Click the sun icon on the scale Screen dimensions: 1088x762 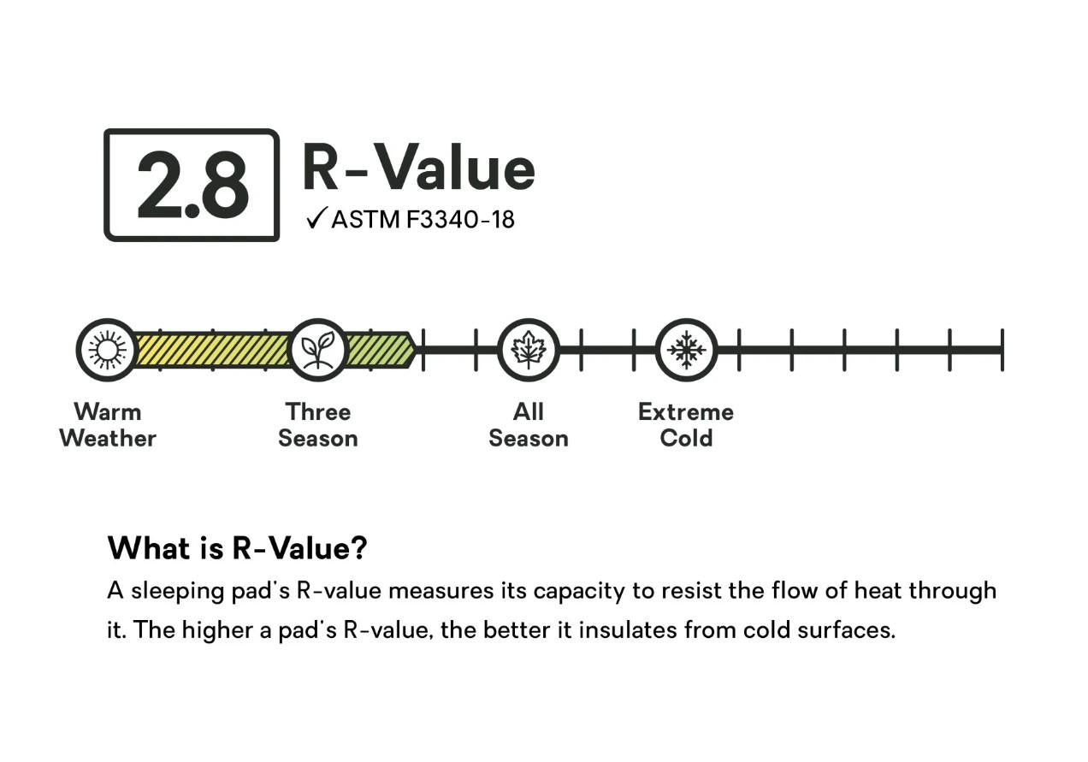coord(107,350)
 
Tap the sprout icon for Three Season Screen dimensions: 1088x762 coord(318,350)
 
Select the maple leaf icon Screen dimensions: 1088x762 coord(529,350)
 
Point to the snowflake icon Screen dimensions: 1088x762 coord(686,350)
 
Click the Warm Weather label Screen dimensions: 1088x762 coord(108,425)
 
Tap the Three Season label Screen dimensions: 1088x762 coord(318,425)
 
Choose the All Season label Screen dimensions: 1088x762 coord(529,425)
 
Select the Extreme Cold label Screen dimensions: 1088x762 coord(686,425)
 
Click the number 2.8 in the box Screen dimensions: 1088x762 coord(192,185)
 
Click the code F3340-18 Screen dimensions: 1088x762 coord(460,220)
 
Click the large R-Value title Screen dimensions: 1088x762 coord(418,167)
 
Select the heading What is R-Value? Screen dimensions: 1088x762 coord(237,548)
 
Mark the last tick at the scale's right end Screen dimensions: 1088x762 coord(1002,350)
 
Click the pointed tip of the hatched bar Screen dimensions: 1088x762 coord(417,350)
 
